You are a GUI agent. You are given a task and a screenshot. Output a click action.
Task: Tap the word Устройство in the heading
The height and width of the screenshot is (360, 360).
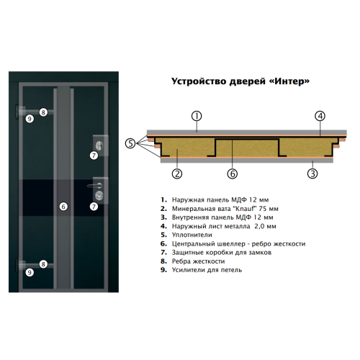(199, 81)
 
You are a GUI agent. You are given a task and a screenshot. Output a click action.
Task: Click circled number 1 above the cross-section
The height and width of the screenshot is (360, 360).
(197, 116)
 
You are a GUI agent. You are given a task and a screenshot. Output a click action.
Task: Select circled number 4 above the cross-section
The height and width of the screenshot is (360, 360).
(320, 116)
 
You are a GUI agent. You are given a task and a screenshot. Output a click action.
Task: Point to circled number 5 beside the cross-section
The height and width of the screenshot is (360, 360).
(130, 143)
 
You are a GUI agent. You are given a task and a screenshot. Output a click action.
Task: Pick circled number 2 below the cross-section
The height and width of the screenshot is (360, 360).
(177, 174)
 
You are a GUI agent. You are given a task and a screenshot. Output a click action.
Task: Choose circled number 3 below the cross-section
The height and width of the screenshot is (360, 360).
(312, 174)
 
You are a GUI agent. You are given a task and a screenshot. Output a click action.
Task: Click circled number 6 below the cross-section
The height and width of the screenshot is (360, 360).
(233, 174)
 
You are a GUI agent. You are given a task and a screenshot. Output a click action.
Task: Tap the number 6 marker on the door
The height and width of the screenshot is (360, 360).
(63, 207)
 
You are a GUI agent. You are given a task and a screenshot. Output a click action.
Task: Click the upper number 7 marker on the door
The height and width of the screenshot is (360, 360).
(94, 156)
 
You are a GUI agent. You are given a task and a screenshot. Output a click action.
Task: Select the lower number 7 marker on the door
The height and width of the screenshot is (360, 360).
(94, 207)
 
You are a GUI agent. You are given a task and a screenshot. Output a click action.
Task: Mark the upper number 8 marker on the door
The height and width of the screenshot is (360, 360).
(43, 112)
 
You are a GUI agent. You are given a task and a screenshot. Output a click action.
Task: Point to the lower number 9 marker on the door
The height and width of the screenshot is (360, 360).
(30, 272)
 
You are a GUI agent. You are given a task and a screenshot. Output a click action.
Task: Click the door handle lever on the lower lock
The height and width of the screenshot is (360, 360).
(95, 186)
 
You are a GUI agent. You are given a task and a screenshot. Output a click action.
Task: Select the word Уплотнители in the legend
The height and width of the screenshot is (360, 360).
(192, 235)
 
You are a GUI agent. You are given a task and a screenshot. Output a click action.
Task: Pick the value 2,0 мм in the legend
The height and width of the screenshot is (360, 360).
(265, 226)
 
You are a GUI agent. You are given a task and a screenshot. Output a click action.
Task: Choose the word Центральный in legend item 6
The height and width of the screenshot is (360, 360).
(194, 244)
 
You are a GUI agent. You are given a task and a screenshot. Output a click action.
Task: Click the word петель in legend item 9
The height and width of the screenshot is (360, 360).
(230, 270)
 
